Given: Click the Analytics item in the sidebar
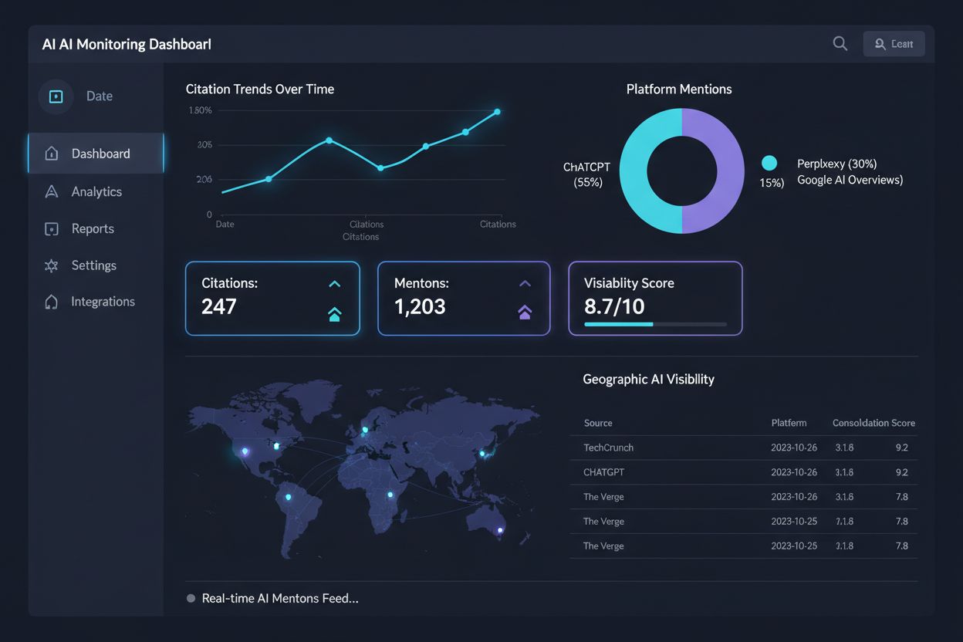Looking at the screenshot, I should click(96, 191).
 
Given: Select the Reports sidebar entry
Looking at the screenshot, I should click(92, 228).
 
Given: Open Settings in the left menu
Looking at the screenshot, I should click(93, 265).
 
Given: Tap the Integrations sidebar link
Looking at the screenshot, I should click(103, 302).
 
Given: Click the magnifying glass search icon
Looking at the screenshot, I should click(840, 44).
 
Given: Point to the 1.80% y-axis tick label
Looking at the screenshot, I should click(200, 110).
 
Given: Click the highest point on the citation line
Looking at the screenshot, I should click(497, 112).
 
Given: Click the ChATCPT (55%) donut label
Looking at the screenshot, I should click(587, 174).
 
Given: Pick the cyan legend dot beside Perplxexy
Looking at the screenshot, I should click(769, 163).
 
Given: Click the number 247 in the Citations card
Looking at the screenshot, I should click(219, 307).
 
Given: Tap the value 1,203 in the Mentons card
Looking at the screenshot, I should click(420, 307).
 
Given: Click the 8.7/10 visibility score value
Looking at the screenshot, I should click(614, 307).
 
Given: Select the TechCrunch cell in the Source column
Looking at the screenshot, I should click(608, 448).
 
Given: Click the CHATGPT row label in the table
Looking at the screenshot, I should click(603, 472).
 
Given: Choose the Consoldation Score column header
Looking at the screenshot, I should click(873, 423).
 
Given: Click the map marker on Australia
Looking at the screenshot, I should click(500, 530).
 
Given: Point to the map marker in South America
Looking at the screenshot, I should click(289, 497).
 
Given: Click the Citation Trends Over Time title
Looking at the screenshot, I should click(260, 90).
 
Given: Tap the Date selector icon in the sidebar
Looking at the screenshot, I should click(56, 96).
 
